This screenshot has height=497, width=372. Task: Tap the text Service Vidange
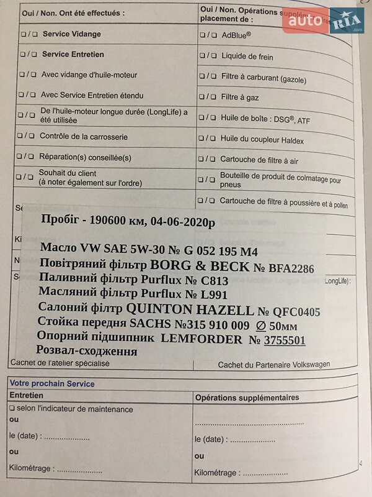coord(71,34)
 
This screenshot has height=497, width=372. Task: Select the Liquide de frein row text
coord(247,57)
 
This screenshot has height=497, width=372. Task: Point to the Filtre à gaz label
coord(241,98)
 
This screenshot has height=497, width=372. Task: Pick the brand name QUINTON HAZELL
coord(190,309)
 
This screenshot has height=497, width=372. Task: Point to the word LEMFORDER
coord(201,339)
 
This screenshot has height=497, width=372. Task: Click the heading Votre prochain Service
coord(52,384)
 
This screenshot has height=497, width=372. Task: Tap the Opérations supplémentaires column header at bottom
coord(247,398)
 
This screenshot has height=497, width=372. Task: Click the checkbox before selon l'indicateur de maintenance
coord(12,409)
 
